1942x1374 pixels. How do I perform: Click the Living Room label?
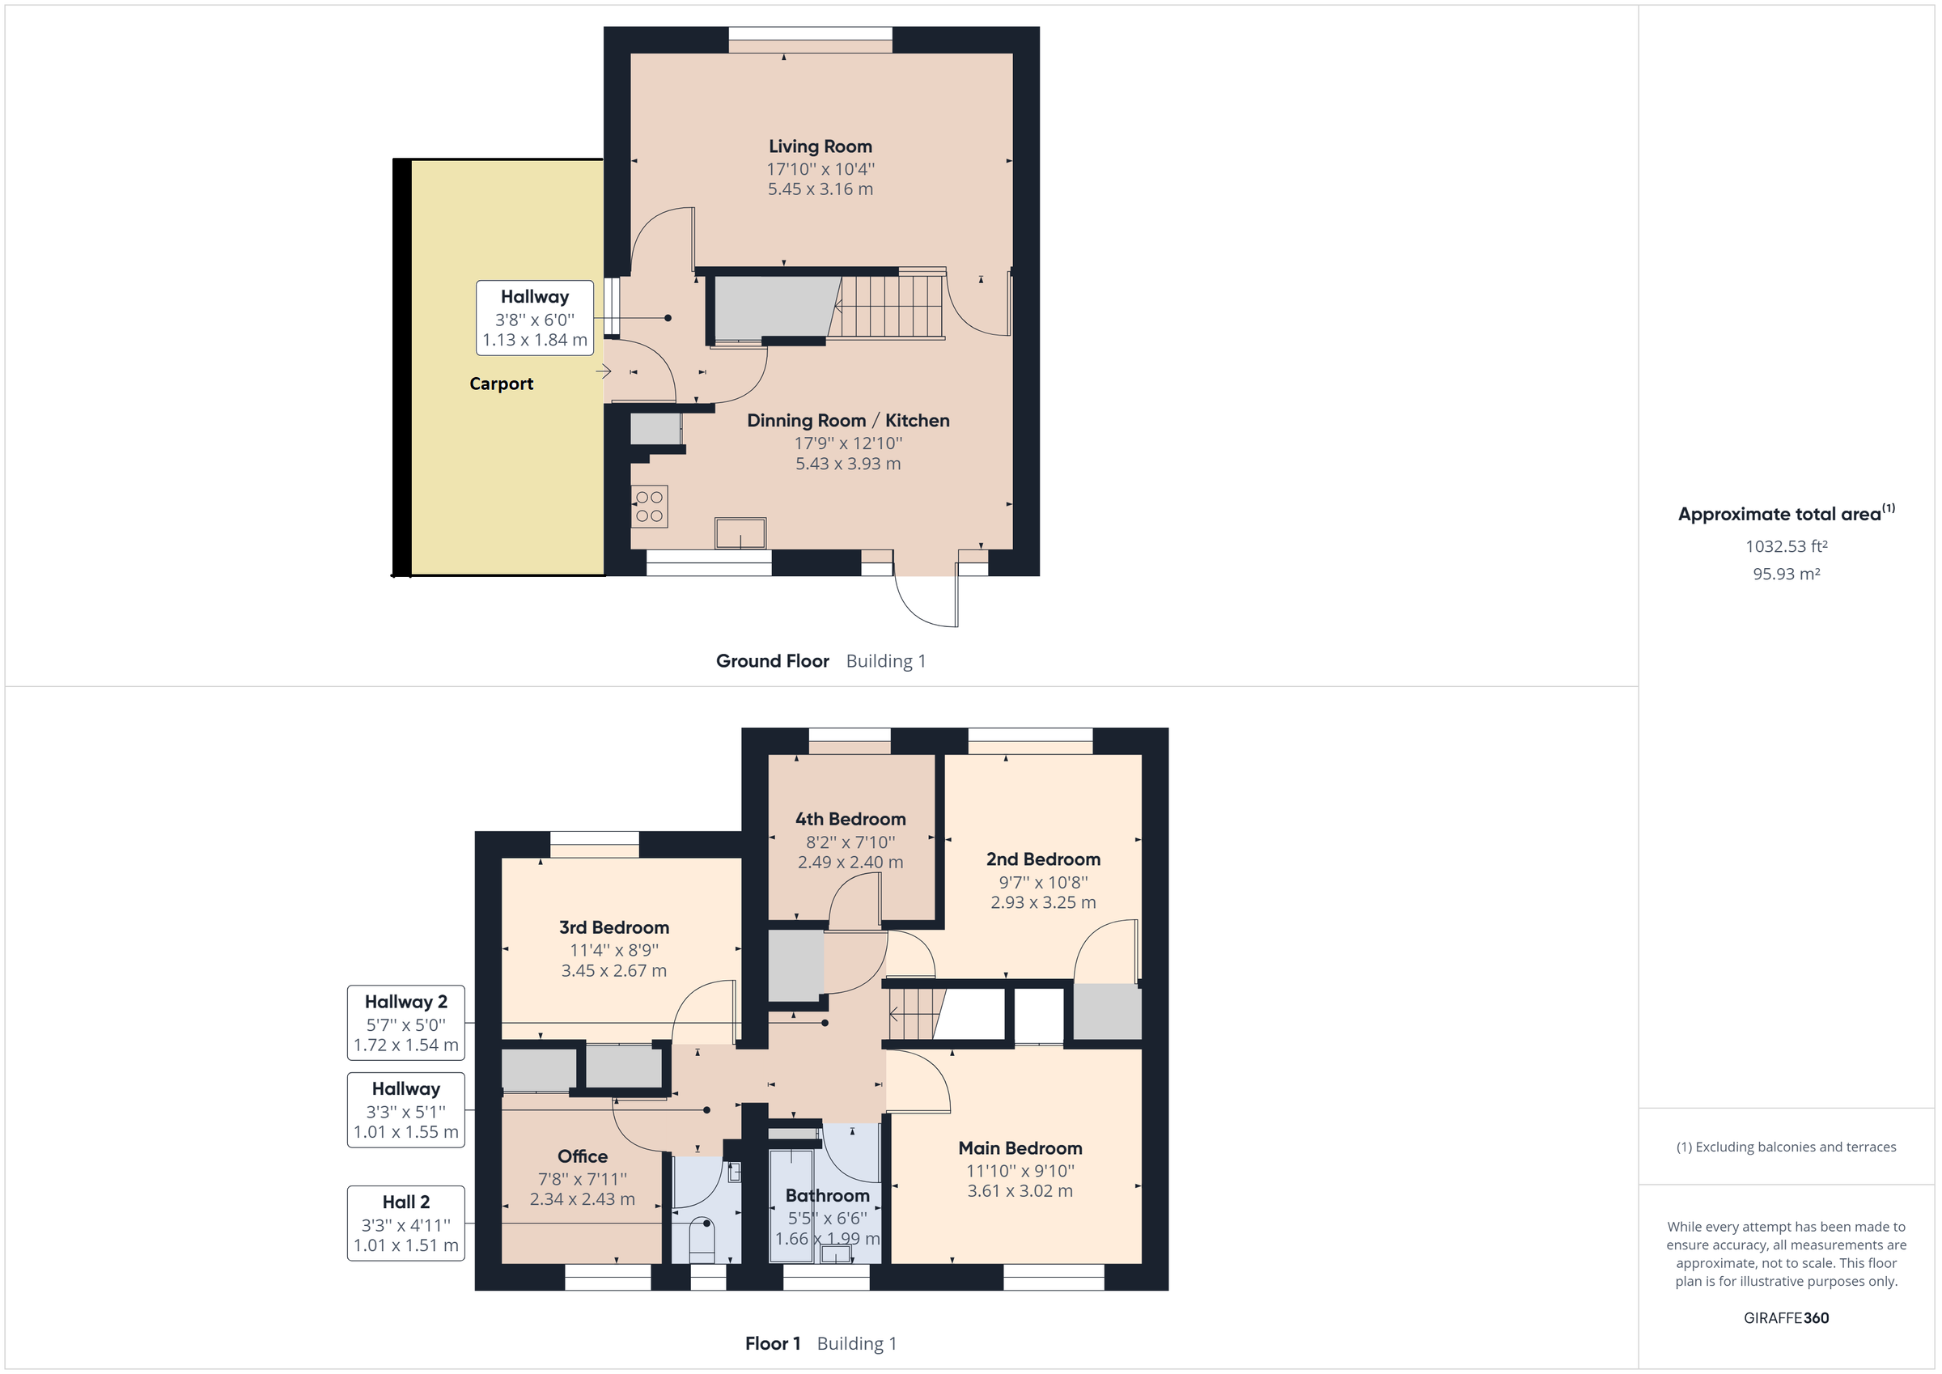coord(820,146)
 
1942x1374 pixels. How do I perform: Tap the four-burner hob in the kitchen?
coord(649,506)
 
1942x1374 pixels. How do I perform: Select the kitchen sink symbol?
coord(740,533)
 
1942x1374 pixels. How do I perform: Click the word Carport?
coord(501,384)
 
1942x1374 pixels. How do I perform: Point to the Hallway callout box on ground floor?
coord(535,317)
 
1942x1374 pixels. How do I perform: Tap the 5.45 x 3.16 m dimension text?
coord(820,189)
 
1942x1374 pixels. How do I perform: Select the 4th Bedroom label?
coord(850,819)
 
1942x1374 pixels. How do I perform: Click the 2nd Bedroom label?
coord(1043,859)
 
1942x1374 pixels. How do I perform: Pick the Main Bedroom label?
coord(1020,1148)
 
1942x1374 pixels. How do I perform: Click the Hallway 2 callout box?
coord(406,1022)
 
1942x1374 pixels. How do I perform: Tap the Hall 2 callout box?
coord(406,1223)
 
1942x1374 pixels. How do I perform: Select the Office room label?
coord(582,1156)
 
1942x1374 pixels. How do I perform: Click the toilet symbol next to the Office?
coord(702,1236)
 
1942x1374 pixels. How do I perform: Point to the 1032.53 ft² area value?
coord(1786,546)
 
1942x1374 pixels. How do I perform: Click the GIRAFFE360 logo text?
coord(1786,1317)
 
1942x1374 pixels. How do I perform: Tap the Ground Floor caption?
coord(771,661)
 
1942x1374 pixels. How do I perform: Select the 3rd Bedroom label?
coord(613,927)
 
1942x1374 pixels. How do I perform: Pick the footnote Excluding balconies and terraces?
coord(1786,1147)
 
